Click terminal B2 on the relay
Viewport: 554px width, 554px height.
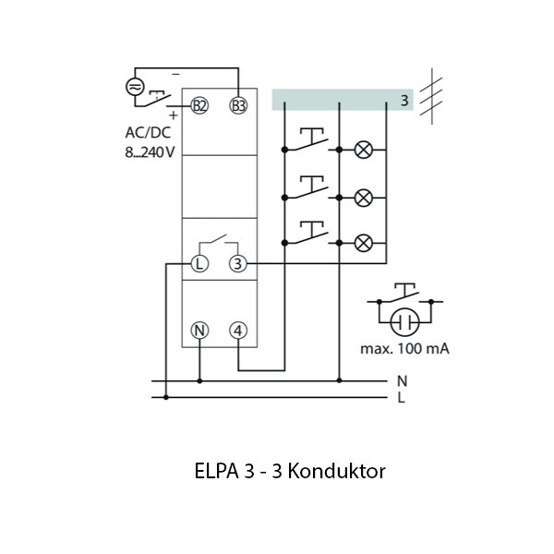click(x=199, y=105)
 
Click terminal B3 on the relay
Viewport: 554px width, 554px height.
click(x=238, y=105)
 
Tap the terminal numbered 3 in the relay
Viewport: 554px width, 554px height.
click(x=238, y=265)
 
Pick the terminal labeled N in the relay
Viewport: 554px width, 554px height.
click(x=199, y=330)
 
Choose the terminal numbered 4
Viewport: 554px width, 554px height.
click(x=238, y=330)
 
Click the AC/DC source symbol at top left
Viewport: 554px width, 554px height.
click(x=135, y=87)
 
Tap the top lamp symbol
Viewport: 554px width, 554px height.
click(x=364, y=150)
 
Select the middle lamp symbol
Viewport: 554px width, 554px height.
click(x=364, y=197)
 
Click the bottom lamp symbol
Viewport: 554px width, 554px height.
click(x=364, y=243)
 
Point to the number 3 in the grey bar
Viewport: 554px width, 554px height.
click(x=403, y=100)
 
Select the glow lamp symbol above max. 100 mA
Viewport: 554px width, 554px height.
click(x=403, y=322)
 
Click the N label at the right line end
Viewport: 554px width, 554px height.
click(x=401, y=380)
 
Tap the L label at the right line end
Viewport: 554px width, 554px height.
click(x=401, y=398)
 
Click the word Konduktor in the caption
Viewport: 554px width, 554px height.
click(x=336, y=471)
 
